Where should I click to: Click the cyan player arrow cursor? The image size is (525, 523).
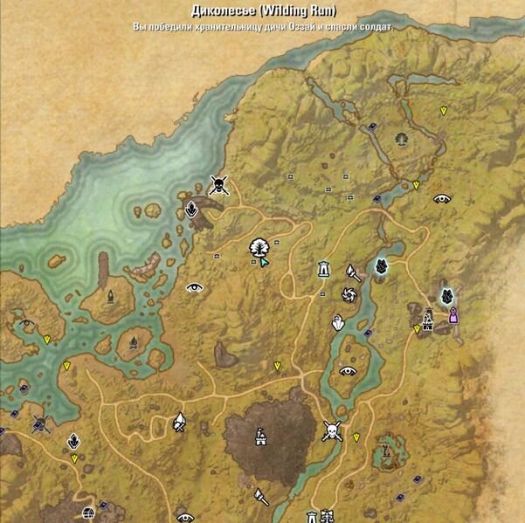tap(263, 262)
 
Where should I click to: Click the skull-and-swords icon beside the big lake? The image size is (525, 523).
tap(219, 183)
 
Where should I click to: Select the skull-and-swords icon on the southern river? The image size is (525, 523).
tap(331, 430)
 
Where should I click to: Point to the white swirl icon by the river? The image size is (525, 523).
tap(347, 296)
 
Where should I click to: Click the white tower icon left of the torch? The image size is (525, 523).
tap(324, 269)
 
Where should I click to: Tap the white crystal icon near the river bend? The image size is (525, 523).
tap(338, 323)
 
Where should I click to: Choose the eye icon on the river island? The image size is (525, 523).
tap(349, 370)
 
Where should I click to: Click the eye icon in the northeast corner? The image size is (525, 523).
tap(442, 198)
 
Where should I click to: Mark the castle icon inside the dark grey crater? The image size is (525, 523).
tap(259, 437)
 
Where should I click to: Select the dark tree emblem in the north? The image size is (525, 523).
tap(402, 137)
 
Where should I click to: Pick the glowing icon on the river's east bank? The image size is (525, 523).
tap(381, 265)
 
